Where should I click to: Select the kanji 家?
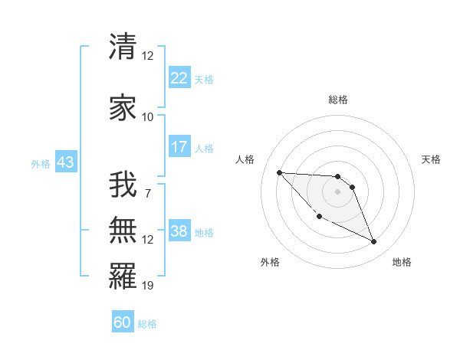(x=123, y=106)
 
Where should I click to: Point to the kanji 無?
(x=123, y=229)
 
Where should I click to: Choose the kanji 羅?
(x=123, y=275)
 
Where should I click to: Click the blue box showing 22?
(x=179, y=78)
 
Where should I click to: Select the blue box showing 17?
(x=179, y=147)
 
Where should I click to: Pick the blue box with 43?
(x=64, y=162)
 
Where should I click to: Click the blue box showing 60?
(x=123, y=322)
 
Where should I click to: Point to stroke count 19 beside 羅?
(x=148, y=286)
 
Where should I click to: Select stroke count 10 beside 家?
(x=148, y=117)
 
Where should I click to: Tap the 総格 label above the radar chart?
(x=338, y=100)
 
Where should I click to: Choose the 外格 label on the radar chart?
(x=270, y=262)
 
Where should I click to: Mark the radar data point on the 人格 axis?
(x=279, y=172)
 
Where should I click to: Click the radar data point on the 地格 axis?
(x=374, y=242)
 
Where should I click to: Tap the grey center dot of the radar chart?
(x=338, y=191)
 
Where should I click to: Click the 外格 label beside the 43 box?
(x=40, y=163)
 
